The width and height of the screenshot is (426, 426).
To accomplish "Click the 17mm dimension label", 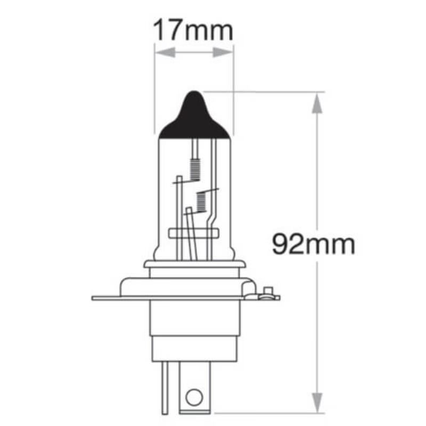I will click(193, 30).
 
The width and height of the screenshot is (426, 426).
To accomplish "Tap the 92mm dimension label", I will click(313, 244).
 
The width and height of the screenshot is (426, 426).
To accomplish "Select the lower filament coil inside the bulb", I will click(201, 201).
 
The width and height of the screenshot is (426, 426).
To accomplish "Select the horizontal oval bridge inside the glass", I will click(194, 234).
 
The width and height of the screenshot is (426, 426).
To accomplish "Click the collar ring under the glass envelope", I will click(194, 264).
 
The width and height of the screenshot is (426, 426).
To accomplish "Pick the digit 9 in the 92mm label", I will click(282, 244).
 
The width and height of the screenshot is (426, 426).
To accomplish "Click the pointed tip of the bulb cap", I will click(194, 94).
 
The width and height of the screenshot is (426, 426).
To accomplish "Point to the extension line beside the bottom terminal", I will click(266, 412).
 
